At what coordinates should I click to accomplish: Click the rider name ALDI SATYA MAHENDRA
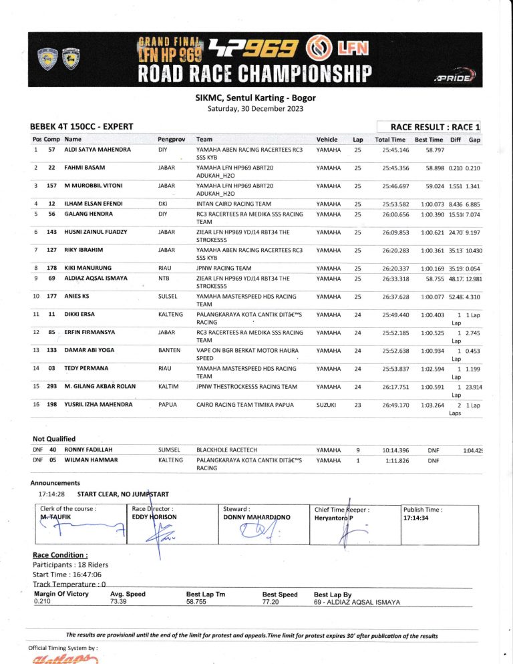pos(97,150)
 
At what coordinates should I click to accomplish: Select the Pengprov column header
pos(170,139)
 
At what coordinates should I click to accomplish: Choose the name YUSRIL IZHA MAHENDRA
pos(100,404)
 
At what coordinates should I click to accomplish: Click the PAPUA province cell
pos(168,404)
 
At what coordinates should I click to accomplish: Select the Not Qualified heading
pos(54,438)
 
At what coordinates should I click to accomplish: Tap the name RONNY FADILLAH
pos(92,450)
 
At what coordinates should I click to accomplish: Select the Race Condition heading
pos(60,555)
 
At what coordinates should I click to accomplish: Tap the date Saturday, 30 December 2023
pos(256,108)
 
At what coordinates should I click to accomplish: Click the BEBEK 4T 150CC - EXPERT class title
pos(81,126)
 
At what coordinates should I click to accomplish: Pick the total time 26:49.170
pos(395,404)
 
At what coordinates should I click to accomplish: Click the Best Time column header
pos(429,139)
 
